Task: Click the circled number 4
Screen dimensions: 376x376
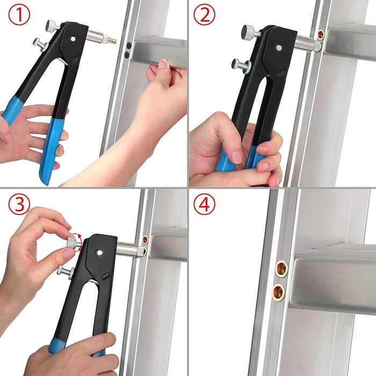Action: [205, 205]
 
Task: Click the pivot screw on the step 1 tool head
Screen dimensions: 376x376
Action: [73, 39]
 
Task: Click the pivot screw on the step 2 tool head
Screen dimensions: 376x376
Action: [278, 48]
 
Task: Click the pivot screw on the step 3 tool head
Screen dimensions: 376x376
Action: [100, 252]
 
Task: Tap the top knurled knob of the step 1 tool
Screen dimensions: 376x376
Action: [52, 25]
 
